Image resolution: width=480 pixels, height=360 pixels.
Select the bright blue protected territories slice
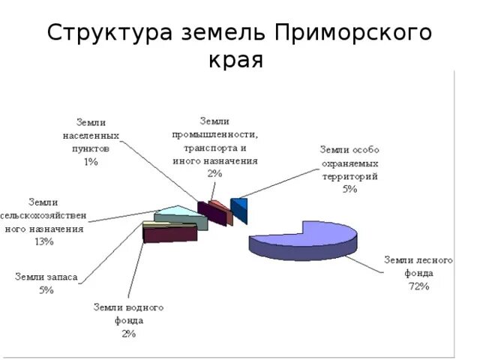click(240, 208)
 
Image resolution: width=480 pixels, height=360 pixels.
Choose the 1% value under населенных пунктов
click(91, 161)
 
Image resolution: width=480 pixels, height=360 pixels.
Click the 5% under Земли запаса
click(46, 290)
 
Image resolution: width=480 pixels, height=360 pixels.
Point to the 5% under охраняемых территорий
click(349, 189)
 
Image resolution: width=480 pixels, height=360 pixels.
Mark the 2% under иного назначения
click(214, 173)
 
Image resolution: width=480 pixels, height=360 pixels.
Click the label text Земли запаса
click(46, 277)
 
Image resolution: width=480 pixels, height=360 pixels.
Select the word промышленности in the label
click(215, 134)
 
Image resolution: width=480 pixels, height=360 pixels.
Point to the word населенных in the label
click(91, 135)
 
